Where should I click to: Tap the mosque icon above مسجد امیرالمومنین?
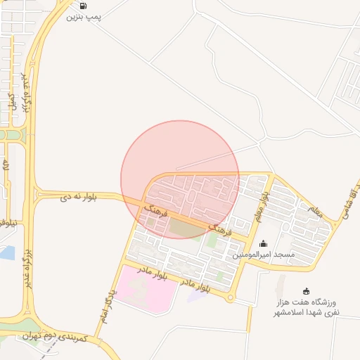(263, 243)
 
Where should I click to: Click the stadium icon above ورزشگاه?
(306, 291)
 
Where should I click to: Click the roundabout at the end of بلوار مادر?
(230, 298)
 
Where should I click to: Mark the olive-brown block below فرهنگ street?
(185, 229)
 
